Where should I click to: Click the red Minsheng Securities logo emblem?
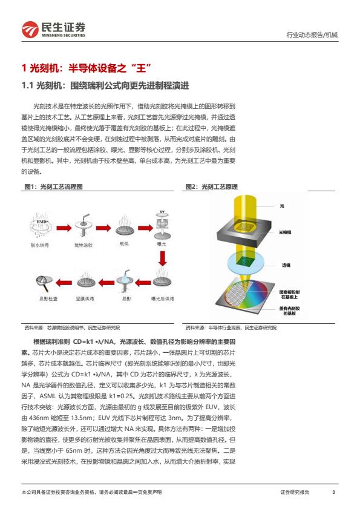30,30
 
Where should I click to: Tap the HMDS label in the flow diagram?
42,222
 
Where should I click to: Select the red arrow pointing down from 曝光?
163,258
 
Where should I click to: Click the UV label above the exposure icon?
162,212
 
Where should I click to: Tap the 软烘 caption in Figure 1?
124,244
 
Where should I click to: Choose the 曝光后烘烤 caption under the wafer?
163,298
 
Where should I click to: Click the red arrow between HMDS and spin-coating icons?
64,228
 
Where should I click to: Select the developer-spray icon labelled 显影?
125,281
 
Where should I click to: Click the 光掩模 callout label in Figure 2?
285,232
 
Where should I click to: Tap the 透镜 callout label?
286,265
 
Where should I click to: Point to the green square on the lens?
244,261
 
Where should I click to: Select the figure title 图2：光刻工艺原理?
212,186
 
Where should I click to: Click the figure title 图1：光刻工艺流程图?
54,186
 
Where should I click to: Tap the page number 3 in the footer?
333,492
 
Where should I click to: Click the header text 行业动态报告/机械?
312,34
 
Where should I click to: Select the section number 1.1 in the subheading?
27,86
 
